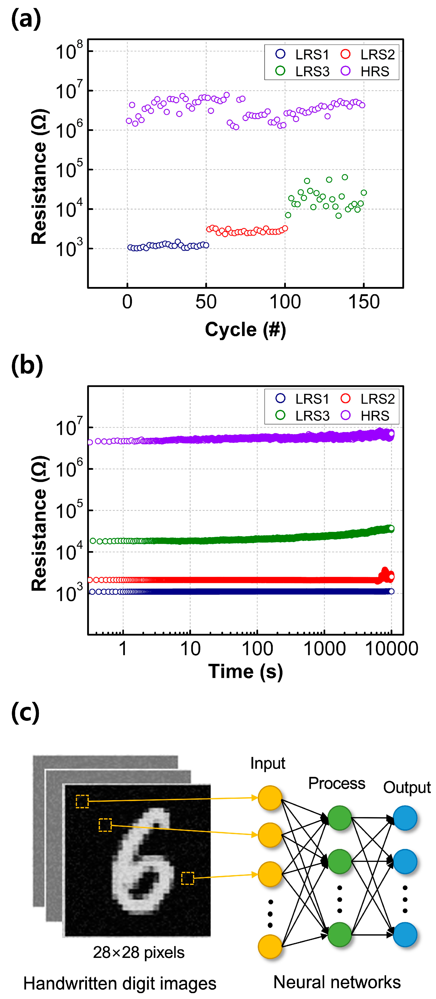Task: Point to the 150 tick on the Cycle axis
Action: pyautogui.click(x=364, y=302)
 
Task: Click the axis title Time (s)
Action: pyautogui.click(x=245, y=671)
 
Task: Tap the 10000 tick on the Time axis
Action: pyautogui.click(x=392, y=649)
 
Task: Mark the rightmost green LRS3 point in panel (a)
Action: pyautogui.click(x=364, y=193)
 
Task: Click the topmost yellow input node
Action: pyautogui.click(x=270, y=798)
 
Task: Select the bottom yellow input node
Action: pyautogui.click(x=270, y=946)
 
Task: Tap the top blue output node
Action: pyautogui.click(x=405, y=818)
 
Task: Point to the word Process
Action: pyautogui.click(x=336, y=783)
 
